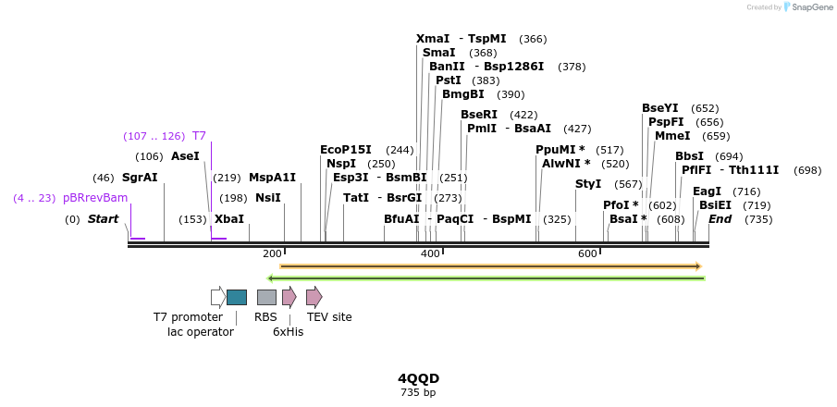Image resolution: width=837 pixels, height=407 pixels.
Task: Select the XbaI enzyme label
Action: [229, 219]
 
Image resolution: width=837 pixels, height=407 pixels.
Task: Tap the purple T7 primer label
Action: [199, 136]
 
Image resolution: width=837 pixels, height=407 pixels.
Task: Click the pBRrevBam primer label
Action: [95, 198]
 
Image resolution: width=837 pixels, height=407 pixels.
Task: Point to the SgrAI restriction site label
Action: [140, 178]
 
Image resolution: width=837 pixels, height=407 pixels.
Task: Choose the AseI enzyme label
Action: [185, 156]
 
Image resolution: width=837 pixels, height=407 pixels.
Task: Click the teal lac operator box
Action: [237, 297]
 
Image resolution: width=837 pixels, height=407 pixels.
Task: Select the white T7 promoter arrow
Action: [218, 297]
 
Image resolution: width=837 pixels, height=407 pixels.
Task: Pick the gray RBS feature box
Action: [266, 297]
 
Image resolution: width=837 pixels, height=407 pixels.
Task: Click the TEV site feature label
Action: [328, 317]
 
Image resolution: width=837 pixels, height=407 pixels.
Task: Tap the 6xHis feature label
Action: [288, 332]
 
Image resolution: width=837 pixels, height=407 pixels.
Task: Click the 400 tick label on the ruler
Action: [430, 253]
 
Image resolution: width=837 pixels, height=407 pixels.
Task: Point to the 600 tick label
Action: [587, 253]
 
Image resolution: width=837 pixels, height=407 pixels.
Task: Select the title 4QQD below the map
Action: [418, 379]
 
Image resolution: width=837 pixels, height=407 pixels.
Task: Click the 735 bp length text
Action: [418, 393]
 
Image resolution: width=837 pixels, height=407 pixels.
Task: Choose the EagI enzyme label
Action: [707, 191]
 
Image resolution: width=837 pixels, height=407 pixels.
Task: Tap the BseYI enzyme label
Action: [660, 108]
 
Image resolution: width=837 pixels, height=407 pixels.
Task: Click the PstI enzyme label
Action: [449, 80]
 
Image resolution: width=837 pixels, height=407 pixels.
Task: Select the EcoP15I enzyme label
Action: [346, 150]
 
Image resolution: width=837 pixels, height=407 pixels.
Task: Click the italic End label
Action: [720, 219]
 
